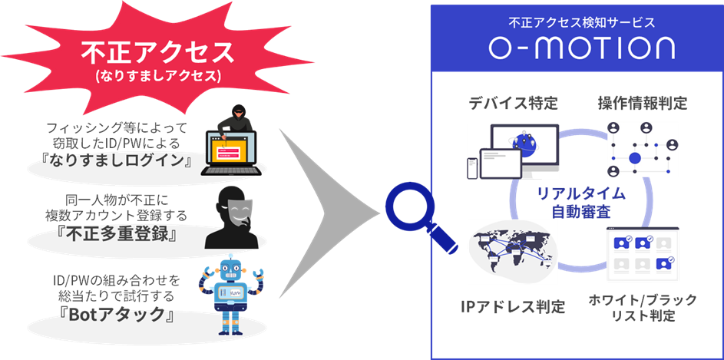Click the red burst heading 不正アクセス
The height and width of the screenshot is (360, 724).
[157, 51]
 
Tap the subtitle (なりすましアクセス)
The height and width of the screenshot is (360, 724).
[157, 77]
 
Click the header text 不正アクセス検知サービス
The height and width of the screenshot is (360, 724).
[581, 22]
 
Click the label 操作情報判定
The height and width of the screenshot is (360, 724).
[642, 103]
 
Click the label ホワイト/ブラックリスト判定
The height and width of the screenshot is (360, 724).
[642, 308]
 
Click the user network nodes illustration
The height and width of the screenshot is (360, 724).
[641, 149]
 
